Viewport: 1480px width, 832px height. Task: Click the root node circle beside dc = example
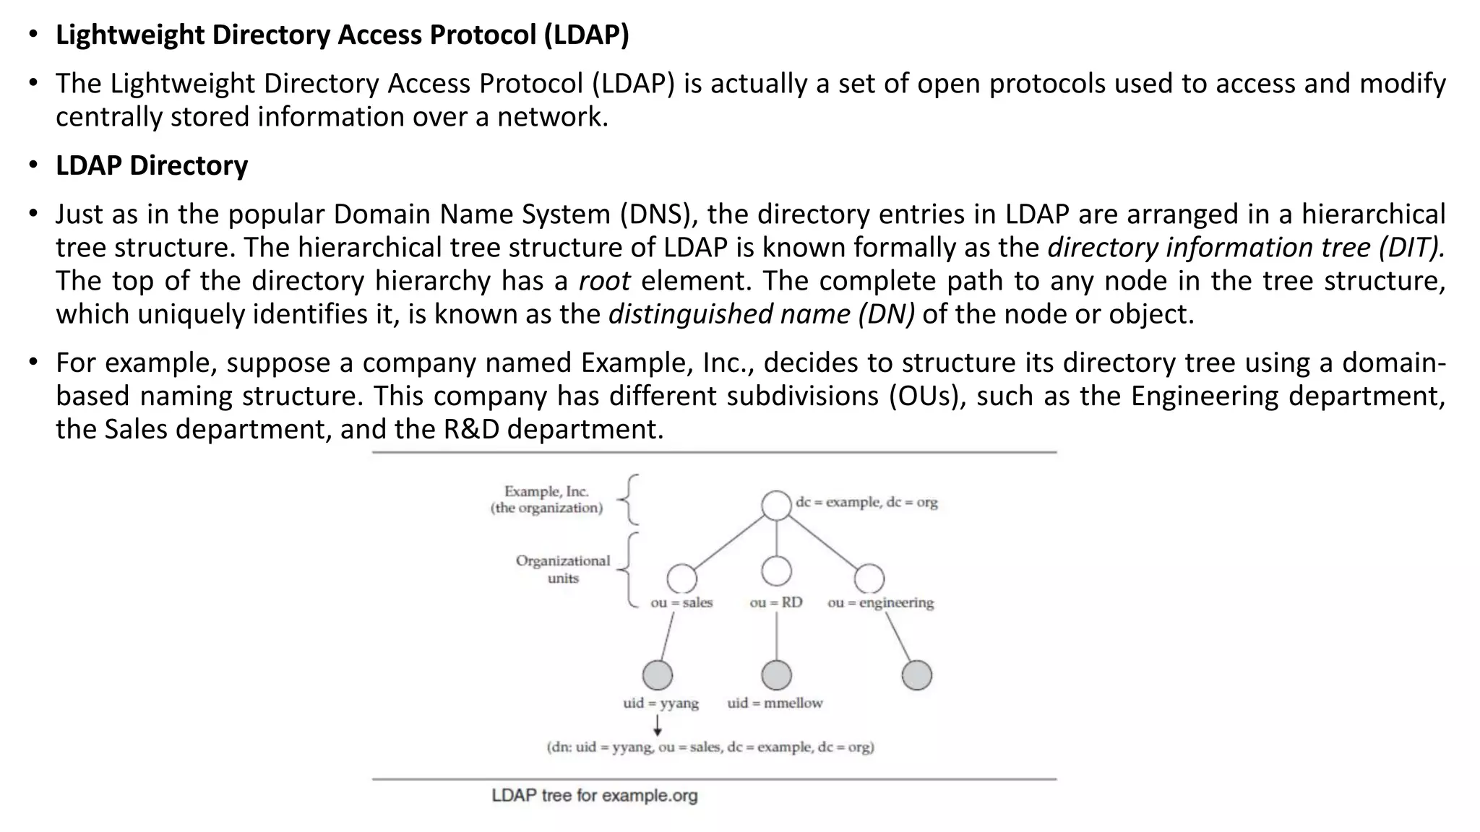776,505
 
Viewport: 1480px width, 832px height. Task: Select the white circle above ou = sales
681,578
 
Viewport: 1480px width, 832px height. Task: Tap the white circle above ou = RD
776,571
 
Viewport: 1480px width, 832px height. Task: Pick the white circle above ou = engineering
869,578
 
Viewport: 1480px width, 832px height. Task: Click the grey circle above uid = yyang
657,675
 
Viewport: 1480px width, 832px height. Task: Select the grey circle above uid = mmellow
776,675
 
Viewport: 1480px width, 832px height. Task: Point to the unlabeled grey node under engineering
916,675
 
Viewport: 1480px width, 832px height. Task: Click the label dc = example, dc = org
866,502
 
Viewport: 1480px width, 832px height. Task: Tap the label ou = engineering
880,602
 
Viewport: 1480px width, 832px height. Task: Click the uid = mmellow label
775,703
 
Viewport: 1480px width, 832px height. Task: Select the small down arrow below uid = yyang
658,725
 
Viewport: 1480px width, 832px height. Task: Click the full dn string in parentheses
710,747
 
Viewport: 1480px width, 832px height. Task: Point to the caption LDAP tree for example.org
594,796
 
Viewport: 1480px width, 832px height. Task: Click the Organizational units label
562,569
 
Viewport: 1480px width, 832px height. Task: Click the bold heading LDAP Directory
152,165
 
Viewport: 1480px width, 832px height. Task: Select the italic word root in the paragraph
604,280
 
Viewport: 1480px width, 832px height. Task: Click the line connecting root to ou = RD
776,538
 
